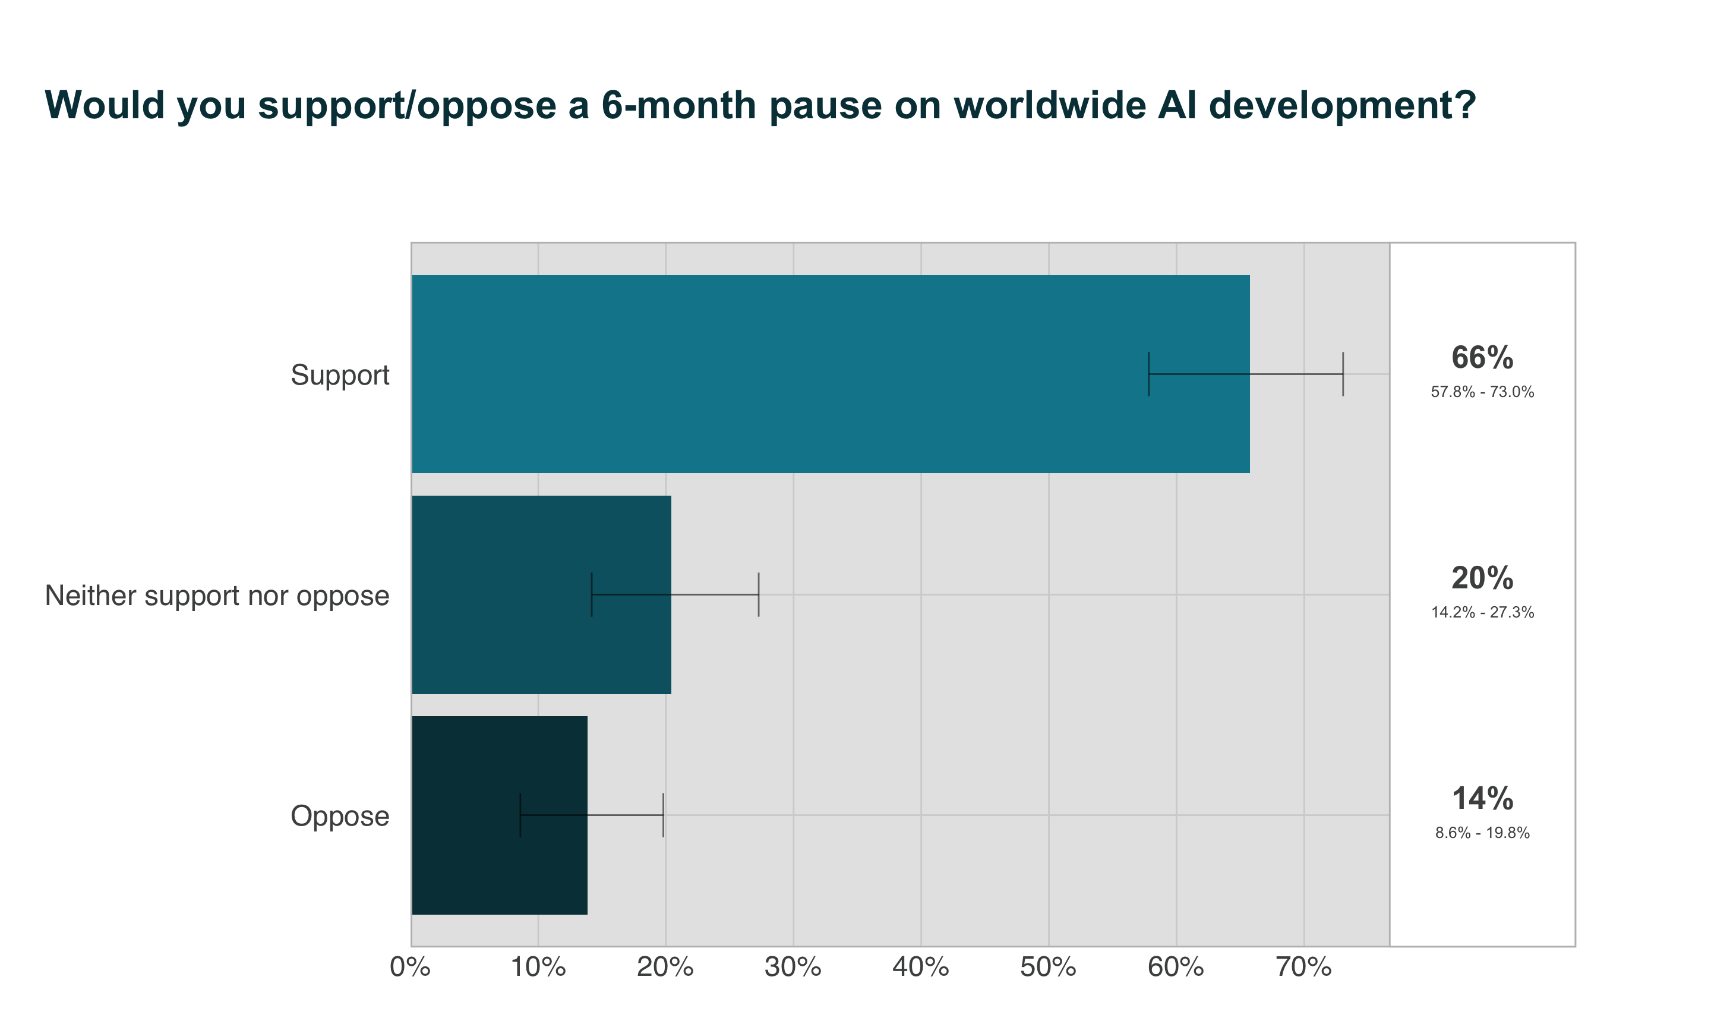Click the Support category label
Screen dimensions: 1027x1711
click(x=340, y=375)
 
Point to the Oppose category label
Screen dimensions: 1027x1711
click(x=340, y=817)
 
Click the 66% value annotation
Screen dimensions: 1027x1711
click(x=1482, y=358)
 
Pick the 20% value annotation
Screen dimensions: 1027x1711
click(x=1482, y=578)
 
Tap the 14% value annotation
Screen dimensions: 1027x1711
click(x=1482, y=799)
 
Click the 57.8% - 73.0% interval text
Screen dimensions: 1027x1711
click(x=1482, y=392)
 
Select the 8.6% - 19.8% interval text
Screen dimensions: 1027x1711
click(x=1482, y=833)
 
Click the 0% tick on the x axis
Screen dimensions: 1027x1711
click(x=410, y=968)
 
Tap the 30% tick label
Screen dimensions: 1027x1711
click(x=793, y=968)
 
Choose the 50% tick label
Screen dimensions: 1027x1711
click(x=1048, y=968)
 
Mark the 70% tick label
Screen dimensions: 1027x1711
click(x=1303, y=968)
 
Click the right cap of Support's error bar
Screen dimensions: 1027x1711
click(x=1343, y=374)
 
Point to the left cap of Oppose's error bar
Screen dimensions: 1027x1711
click(x=520, y=815)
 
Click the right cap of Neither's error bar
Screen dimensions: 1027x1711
click(x=759, y=594)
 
